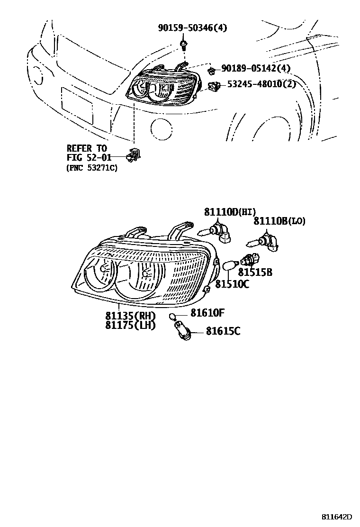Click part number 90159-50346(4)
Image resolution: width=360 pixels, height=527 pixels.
point(192,27)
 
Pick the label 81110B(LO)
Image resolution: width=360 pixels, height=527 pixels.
point(279,221)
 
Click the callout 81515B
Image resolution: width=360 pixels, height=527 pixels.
point(255,272)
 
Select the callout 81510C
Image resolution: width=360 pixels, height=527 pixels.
point(232,284)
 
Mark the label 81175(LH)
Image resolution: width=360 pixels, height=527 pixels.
point(130,325)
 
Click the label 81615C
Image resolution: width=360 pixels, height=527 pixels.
point(223,331)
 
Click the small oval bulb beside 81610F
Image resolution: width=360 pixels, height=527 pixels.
point(173,316)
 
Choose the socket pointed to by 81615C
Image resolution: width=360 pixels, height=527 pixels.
point(182,330)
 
